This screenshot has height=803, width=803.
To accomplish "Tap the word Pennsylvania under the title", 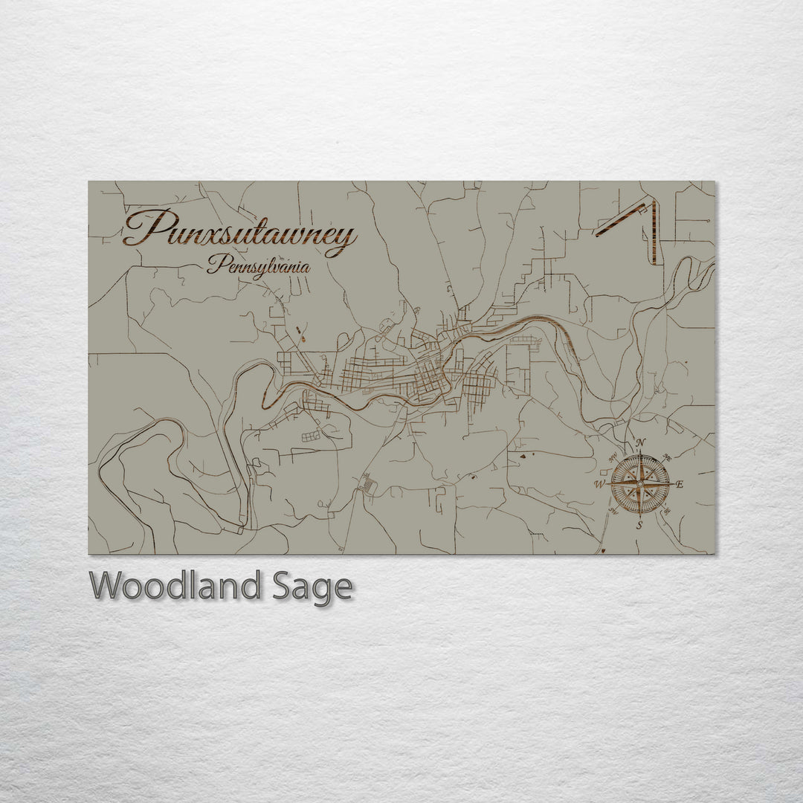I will point(258,265).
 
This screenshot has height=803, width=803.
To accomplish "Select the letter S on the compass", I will point(639,525).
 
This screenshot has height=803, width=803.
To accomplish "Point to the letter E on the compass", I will point(679,485).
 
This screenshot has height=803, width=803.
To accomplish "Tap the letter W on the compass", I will point(599,485).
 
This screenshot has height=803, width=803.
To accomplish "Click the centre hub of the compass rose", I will point(639,485).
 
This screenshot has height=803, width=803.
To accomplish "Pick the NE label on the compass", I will point(667,458).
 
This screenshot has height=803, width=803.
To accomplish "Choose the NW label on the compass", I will point(613,458).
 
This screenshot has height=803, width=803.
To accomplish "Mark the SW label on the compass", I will point(613,512).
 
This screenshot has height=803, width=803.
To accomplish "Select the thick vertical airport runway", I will point(652,232).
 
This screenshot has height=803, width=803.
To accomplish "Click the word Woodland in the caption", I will point(175,587).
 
